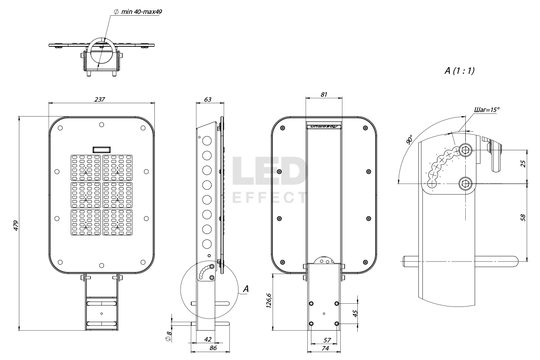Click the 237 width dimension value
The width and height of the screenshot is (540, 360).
100,99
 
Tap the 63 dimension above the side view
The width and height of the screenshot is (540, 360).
208,99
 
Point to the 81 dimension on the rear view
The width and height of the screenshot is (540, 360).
324,94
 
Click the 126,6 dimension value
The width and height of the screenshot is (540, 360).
269,302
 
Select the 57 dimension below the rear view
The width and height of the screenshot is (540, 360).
324,340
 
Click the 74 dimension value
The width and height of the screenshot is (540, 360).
324,348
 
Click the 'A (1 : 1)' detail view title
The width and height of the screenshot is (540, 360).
459,71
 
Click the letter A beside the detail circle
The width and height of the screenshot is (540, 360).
245,290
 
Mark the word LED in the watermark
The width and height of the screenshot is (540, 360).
269,171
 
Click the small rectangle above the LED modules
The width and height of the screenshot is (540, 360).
102,149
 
